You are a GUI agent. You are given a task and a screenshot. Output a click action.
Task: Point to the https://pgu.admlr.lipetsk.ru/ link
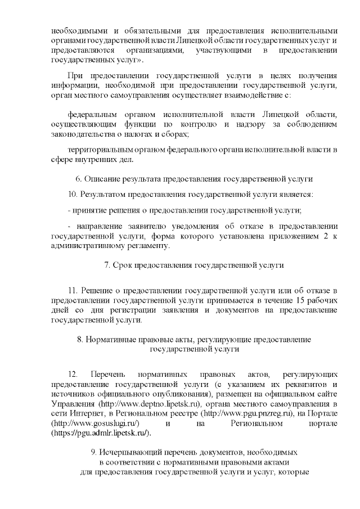[101, 433]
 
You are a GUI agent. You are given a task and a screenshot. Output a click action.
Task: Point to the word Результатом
[105, 195]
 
